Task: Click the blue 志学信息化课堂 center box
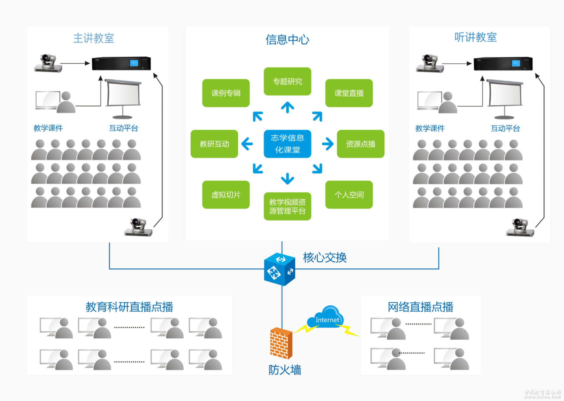coord(287,144)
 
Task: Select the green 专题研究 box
coord(287,81)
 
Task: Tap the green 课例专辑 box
coord(226,93)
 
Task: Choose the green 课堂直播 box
coord(349,93)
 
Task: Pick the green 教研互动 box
coord(214,144)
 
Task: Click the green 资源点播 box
coord(360,144)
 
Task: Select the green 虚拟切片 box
coord(226,194)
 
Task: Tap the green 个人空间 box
coord(349,194)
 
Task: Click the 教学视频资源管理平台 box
coord(287,206)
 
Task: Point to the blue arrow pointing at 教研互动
coord(247,144)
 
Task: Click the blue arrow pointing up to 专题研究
coord(287,107)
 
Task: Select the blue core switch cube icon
coord(279,269)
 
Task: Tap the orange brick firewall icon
coord(281,343)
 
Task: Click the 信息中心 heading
coord(287,39)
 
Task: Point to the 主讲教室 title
coord(93,38)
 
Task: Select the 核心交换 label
coord(325,258)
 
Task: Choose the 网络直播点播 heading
coord(420,307)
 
